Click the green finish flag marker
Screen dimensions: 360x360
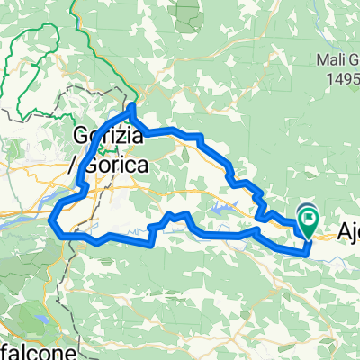[x=310, y=217]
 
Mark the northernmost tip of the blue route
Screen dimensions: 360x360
[x=132, y=107]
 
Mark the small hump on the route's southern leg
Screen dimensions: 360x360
[x=176, y=216]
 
